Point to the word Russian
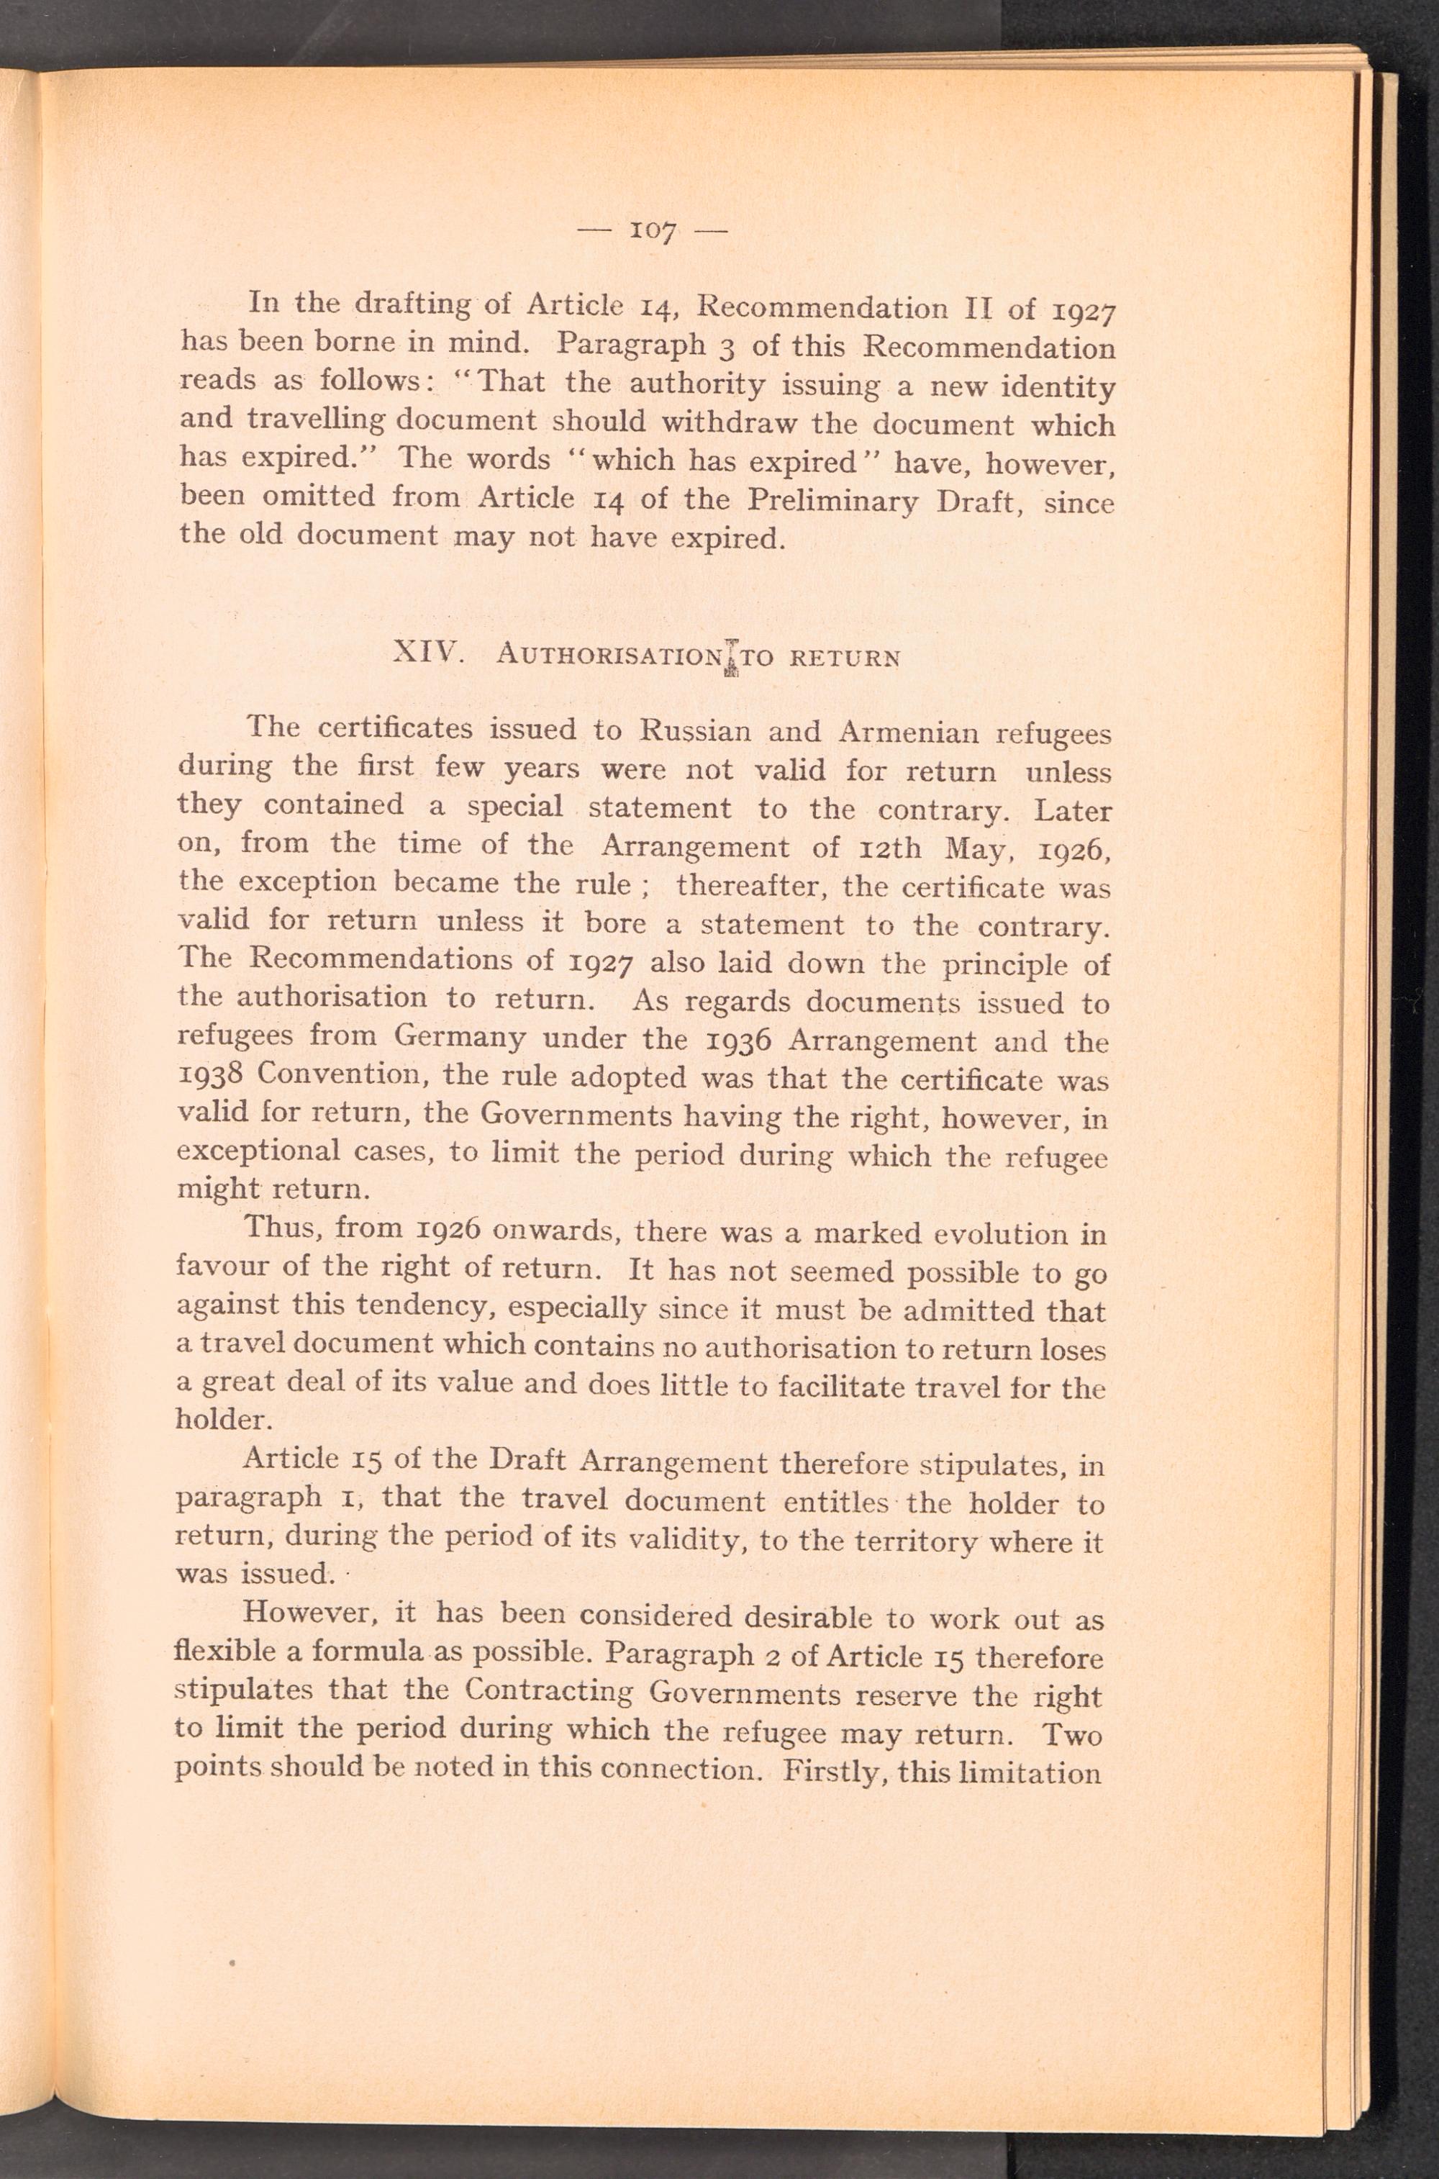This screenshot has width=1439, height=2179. [696, 732]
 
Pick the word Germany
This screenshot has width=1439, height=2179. [460, 1038]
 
